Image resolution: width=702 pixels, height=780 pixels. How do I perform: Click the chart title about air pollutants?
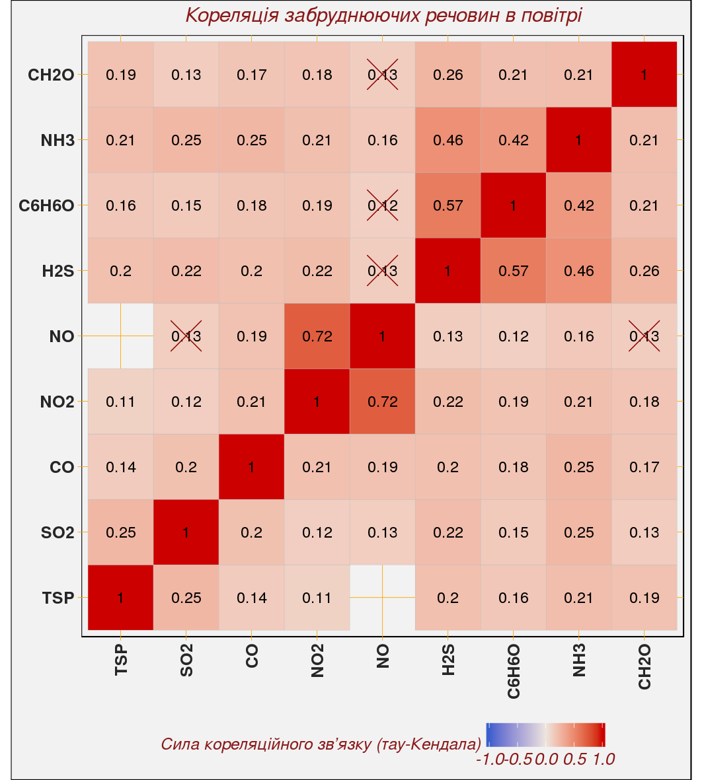click(383, 15)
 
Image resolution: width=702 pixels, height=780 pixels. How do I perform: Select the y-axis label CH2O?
click(51, 75)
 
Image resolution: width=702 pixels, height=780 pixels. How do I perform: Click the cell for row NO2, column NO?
click(383, 402)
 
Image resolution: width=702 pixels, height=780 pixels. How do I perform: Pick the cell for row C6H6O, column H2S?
click(448, 205)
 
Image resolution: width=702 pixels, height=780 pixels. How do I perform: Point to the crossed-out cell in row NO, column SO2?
click(186, 336)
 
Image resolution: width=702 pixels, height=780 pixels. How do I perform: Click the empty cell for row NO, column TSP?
click(121, 336)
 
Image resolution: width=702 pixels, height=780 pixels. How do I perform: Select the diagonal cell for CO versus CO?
click(252, 467)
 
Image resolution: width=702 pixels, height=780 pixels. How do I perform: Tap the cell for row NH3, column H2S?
click(448, 140)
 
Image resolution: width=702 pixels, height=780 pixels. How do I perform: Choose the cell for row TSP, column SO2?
click(186, 598)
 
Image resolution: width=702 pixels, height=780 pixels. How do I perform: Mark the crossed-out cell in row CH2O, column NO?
click(383, 75)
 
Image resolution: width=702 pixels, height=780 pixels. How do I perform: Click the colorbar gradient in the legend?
click(545, 734)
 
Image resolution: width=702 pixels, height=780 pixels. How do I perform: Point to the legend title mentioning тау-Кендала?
click(321, 744)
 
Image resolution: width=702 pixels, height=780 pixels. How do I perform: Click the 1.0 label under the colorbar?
click(604, 760)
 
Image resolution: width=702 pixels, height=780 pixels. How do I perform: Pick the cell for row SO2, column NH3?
click(579, 532)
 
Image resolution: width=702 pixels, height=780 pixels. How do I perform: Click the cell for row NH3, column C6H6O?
click(514, 140)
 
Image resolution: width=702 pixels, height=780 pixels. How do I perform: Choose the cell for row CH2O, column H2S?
click(448, 75)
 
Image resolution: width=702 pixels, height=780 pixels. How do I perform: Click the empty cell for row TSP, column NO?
click(383, 598)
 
